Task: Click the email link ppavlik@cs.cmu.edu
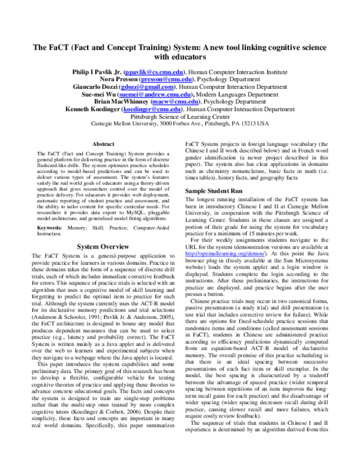[151, 71]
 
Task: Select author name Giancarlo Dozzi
[100, 87]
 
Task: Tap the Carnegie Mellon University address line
[180, 124]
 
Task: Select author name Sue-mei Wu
[103, 95]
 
